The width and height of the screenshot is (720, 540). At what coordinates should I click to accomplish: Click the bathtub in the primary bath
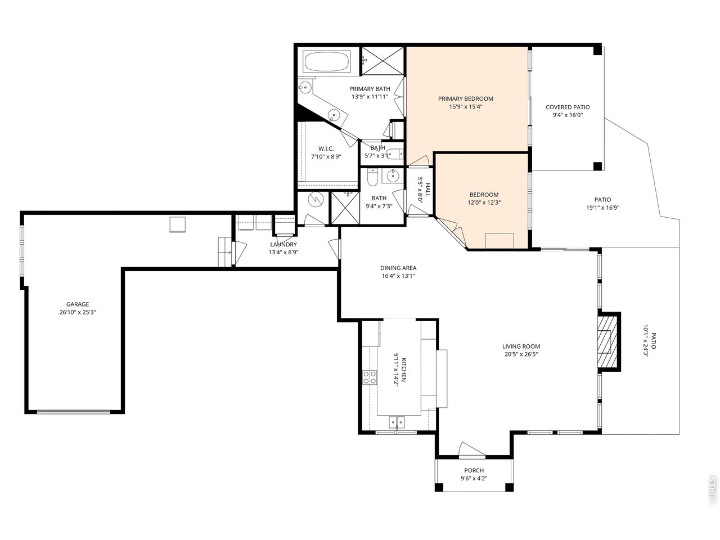tap(327, 61)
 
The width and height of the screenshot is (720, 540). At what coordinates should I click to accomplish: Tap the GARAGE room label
tap(78, 304)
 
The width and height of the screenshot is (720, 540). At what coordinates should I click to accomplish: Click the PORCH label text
tap(474, 470)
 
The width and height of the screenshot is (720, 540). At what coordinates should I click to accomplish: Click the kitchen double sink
tap(397, 422)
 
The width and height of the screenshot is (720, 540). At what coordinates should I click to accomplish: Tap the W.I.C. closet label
tap(326, 149)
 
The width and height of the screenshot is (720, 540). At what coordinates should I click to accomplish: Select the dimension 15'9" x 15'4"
tap(465, 106)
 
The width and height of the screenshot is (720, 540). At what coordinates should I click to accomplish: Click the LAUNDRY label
tap(283, 244)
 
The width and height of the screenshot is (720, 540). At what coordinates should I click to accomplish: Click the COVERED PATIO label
tap(568, 107)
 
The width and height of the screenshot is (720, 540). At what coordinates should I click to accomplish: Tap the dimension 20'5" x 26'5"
tap(521, 354)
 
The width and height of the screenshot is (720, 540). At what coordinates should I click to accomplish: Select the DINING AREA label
tap(398, 268)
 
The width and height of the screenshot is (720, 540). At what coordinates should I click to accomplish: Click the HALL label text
tap(427, 190)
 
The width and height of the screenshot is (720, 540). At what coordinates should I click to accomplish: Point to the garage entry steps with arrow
tap(225, 252)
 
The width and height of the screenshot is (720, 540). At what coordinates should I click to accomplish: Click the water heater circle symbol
tap(316, 199)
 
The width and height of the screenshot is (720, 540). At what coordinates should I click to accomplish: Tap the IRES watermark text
tap(712, 489)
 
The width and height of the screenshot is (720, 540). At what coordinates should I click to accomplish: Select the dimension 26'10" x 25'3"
tap(78, 312)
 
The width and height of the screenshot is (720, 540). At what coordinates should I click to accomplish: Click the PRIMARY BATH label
tap(370, 88)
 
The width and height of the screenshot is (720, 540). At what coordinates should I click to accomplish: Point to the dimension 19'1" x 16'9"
tap(602, 208)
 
